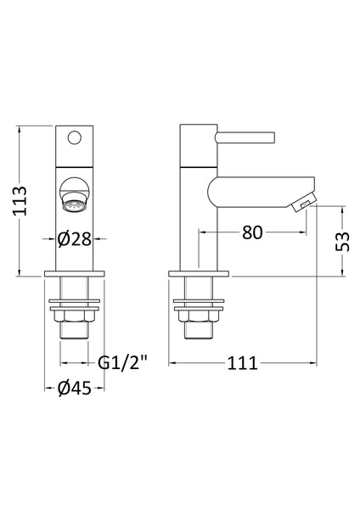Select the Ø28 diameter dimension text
(74, 240)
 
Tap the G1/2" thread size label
(121, 363)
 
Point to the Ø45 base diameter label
(74, 389)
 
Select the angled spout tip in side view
(301, 204)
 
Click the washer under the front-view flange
(74, 300)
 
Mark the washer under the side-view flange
(200, 300)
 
